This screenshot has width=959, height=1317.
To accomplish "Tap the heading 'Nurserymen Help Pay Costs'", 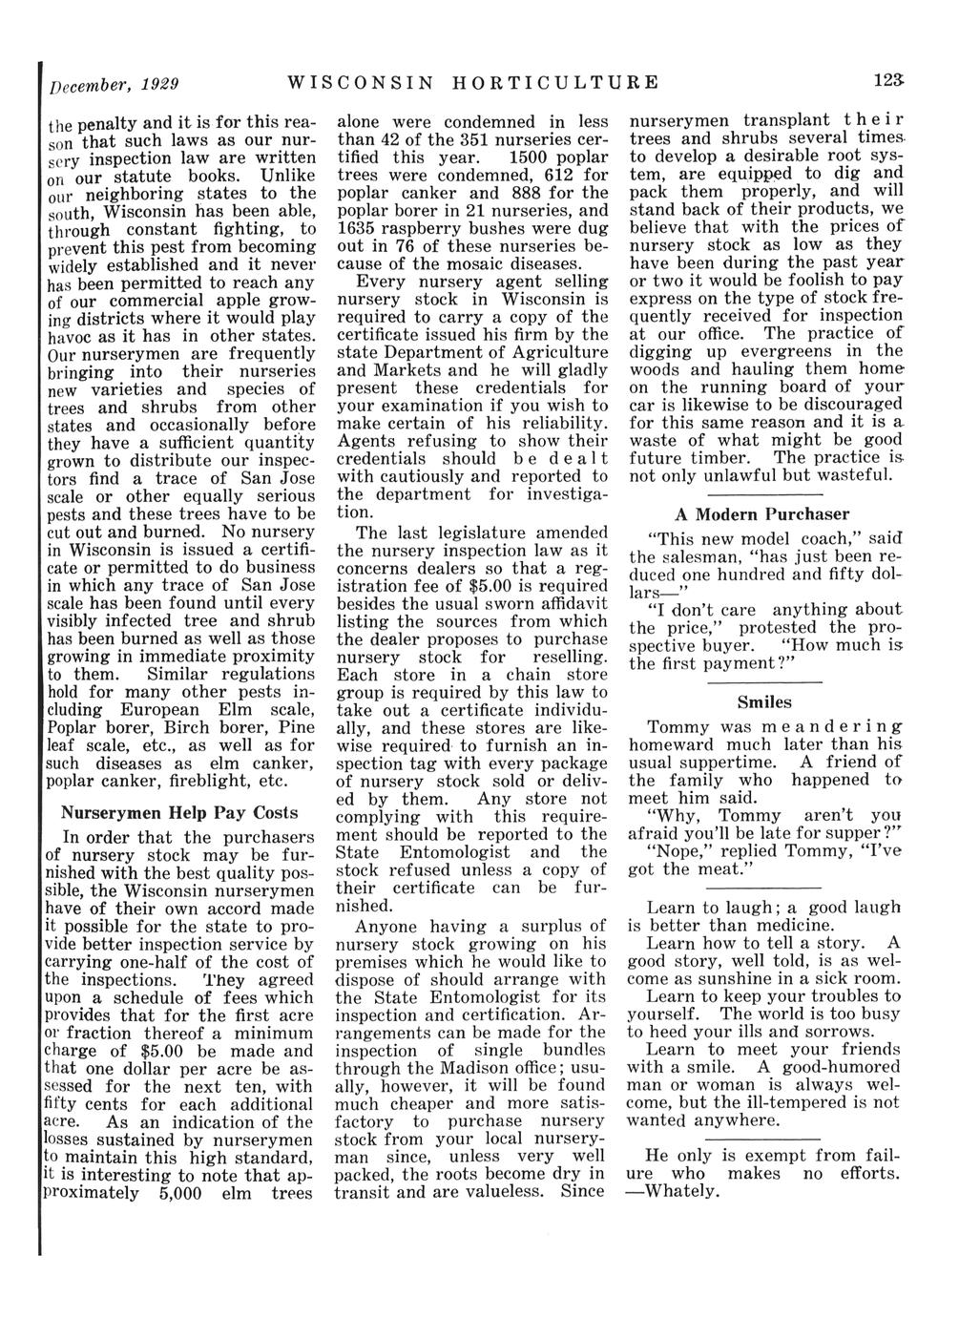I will pos(179,813).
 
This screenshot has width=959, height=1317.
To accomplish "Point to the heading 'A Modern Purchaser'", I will pos(725,514).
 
